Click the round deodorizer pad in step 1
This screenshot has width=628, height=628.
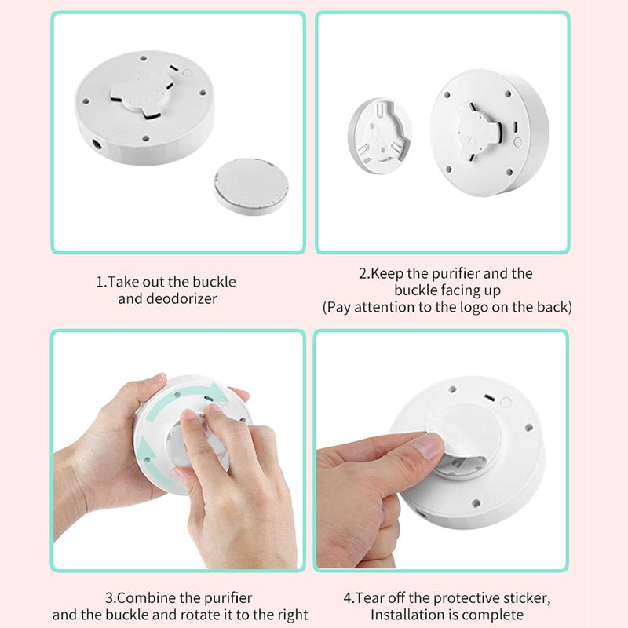coord(251,187)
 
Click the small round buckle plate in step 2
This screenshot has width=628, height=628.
coord(379,136)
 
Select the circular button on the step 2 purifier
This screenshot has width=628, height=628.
coord(517,142)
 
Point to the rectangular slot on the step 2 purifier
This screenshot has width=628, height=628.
coord(516,126)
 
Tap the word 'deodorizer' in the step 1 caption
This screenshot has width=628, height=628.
coord(181,299)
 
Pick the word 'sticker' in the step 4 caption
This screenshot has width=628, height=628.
coord(527,598)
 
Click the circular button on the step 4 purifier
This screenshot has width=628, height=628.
coord(506,402)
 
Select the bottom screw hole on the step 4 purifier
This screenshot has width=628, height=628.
coord(476,503)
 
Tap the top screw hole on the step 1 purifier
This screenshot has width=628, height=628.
coord(144,58)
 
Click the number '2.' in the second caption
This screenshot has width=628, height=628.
coord(364,273)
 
